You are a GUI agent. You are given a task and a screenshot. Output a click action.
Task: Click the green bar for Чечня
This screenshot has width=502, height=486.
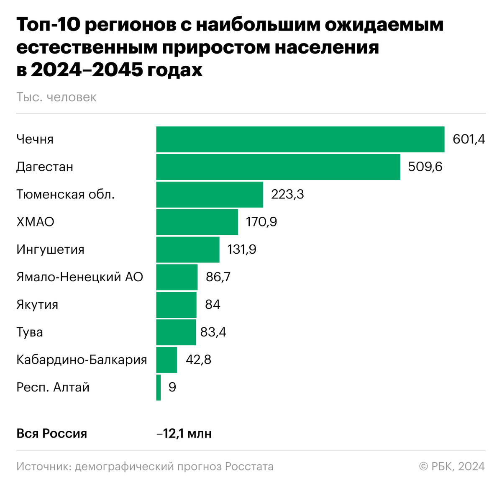[x=300, y=139]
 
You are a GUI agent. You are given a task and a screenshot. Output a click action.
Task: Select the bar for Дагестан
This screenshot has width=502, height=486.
[x=278, y=167]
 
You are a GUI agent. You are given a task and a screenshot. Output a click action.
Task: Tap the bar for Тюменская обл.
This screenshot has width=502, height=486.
[x=210, y=195]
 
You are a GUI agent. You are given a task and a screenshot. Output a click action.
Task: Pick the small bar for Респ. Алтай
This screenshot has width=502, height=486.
[x=159, y=387]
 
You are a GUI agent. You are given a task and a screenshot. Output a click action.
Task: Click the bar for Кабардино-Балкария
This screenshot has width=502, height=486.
[x=166, y=360]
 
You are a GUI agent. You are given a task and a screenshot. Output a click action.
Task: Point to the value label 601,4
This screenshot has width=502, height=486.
[x=469, y=139]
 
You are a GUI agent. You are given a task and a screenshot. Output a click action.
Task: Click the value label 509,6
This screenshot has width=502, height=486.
[x=425, y=167]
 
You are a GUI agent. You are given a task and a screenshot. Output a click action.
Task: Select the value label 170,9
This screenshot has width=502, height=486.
[x=261, y=222]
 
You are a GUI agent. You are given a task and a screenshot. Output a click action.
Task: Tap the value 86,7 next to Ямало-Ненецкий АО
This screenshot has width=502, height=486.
[x=218, y=277]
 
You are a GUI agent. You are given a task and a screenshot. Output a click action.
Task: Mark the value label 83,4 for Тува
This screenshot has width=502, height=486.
[x=213, y=332]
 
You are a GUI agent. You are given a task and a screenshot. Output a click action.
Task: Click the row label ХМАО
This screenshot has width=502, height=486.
[x=36, y=222]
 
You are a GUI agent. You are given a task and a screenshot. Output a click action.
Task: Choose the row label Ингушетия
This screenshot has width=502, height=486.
[x=51, y=249]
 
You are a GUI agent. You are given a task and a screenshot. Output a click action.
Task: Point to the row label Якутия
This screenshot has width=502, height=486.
[x=37, y=304]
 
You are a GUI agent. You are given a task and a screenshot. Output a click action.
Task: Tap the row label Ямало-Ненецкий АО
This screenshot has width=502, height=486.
[x=80, y=277]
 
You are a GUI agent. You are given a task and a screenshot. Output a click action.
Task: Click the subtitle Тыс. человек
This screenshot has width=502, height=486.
[x=56, y=97]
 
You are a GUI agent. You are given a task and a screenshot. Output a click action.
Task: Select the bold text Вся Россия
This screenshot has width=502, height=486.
[x=52, y=433]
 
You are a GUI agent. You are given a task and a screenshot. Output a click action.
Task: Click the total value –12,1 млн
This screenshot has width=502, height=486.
[x=184, y=433]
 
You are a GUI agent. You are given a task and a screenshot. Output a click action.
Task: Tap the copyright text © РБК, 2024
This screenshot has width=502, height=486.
[x=452, y=466]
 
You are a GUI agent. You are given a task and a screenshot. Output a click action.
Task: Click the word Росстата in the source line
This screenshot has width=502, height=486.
[x=249, y=466]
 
